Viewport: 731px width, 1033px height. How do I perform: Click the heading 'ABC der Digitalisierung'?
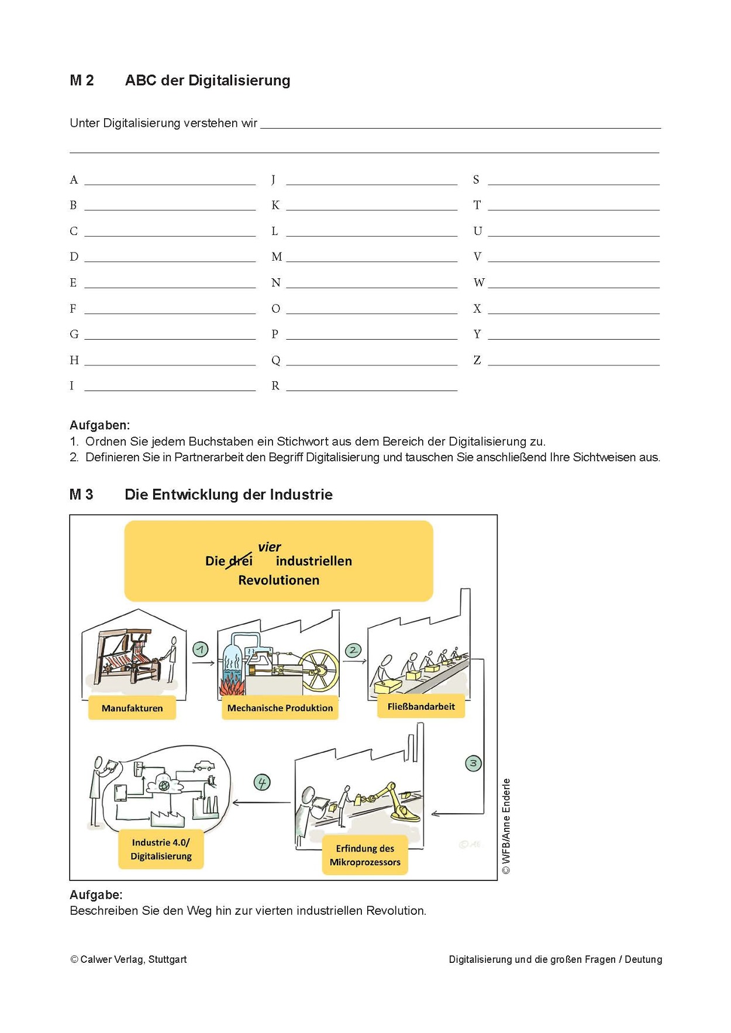pos(208,80)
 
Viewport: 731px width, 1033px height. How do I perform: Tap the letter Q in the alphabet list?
pos(276,360)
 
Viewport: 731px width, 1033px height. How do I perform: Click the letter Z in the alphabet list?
pos(477,360)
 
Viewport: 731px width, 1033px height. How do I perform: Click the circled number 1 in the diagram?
pos(201,649)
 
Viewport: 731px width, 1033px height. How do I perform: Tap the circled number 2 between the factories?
pos(353,649)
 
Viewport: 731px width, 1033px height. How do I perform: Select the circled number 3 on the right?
pos(473,763)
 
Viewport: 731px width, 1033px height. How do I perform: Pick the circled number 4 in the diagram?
pos(261,782)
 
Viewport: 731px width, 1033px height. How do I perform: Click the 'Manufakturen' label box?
pos(132,708)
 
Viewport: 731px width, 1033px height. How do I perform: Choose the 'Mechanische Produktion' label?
pos(280,708)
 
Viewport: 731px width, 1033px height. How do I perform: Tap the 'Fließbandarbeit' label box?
pos(421,706)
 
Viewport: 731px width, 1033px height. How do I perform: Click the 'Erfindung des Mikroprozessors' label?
pos(365,855)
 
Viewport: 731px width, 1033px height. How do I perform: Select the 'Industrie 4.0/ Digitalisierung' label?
pos(161,849)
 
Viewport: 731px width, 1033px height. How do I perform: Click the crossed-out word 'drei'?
pos(240,561)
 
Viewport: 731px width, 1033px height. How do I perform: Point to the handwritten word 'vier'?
pos(270,547)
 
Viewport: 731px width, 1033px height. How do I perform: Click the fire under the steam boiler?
pos(232,684)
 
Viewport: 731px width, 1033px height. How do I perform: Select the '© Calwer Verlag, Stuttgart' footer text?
pos(129,959)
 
